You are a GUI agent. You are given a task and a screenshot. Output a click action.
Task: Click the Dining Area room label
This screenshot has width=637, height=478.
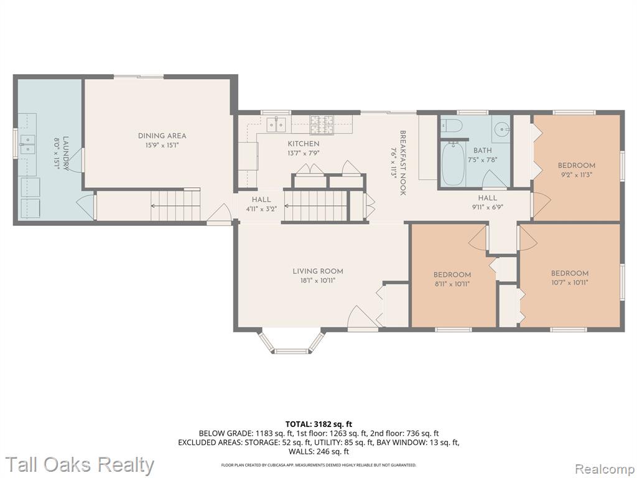[x=162, y=136]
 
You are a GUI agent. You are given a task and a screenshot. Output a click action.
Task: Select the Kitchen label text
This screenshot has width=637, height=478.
[x=304, y=144]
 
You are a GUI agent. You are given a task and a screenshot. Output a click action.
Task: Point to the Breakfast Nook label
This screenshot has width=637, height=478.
[x=403, y=162]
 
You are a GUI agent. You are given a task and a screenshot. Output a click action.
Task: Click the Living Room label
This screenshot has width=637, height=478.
[x=318, y=271]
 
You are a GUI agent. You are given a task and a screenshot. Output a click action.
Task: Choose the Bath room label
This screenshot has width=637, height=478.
[x=482, y=151]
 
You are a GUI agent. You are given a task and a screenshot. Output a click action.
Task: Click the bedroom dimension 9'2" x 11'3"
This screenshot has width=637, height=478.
[x=576, y=175]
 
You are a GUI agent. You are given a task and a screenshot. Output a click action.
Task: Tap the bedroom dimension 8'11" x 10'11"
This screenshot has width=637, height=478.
[x=452, y=284]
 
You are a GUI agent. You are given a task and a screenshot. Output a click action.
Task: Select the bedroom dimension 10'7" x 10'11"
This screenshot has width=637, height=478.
[x=570, y=283]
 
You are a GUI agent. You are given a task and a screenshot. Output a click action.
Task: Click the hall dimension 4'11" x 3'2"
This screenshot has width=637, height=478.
[x=261, y=209]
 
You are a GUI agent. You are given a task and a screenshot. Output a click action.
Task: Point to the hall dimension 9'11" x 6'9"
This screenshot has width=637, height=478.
[x=488, y=207]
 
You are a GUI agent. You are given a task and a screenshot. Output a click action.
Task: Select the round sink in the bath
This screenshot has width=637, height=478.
[x=502, y=129]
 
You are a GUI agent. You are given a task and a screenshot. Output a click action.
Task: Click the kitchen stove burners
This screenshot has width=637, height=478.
[x=322, y=124]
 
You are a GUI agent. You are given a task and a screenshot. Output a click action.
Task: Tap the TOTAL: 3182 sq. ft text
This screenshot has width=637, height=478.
[x=318, y=424]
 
